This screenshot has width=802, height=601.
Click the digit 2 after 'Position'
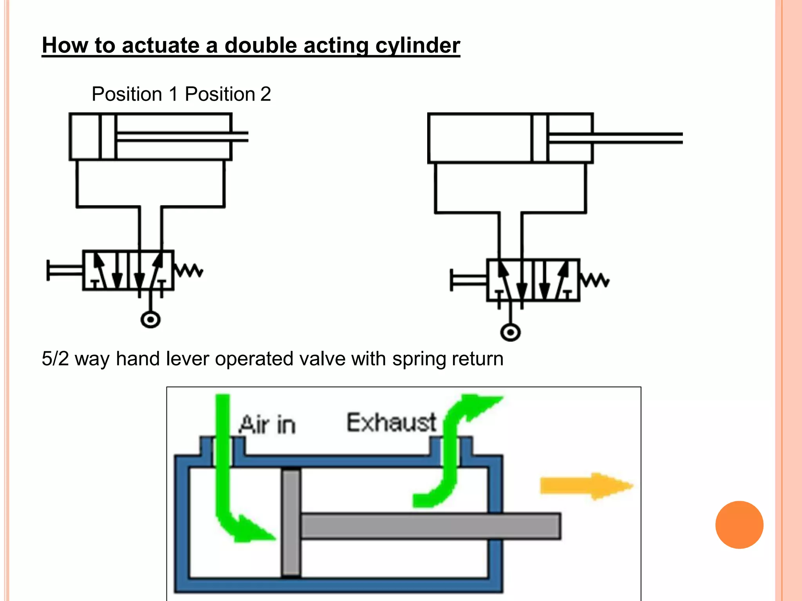[266, 94]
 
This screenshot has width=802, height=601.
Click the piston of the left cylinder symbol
[108, 137]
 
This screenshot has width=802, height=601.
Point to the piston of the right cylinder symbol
[540, 138]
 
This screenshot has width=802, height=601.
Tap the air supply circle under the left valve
[150, 320]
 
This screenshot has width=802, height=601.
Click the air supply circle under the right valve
[510, 333]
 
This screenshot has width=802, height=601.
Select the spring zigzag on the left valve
[189, 270]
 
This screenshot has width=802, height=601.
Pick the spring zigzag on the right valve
[594, 280]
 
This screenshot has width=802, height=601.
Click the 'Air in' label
[267, 425]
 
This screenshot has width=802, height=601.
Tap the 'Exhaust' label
[391, 423]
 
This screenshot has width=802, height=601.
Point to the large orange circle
[739, 525]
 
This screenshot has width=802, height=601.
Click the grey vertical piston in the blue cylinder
[291, 523]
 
